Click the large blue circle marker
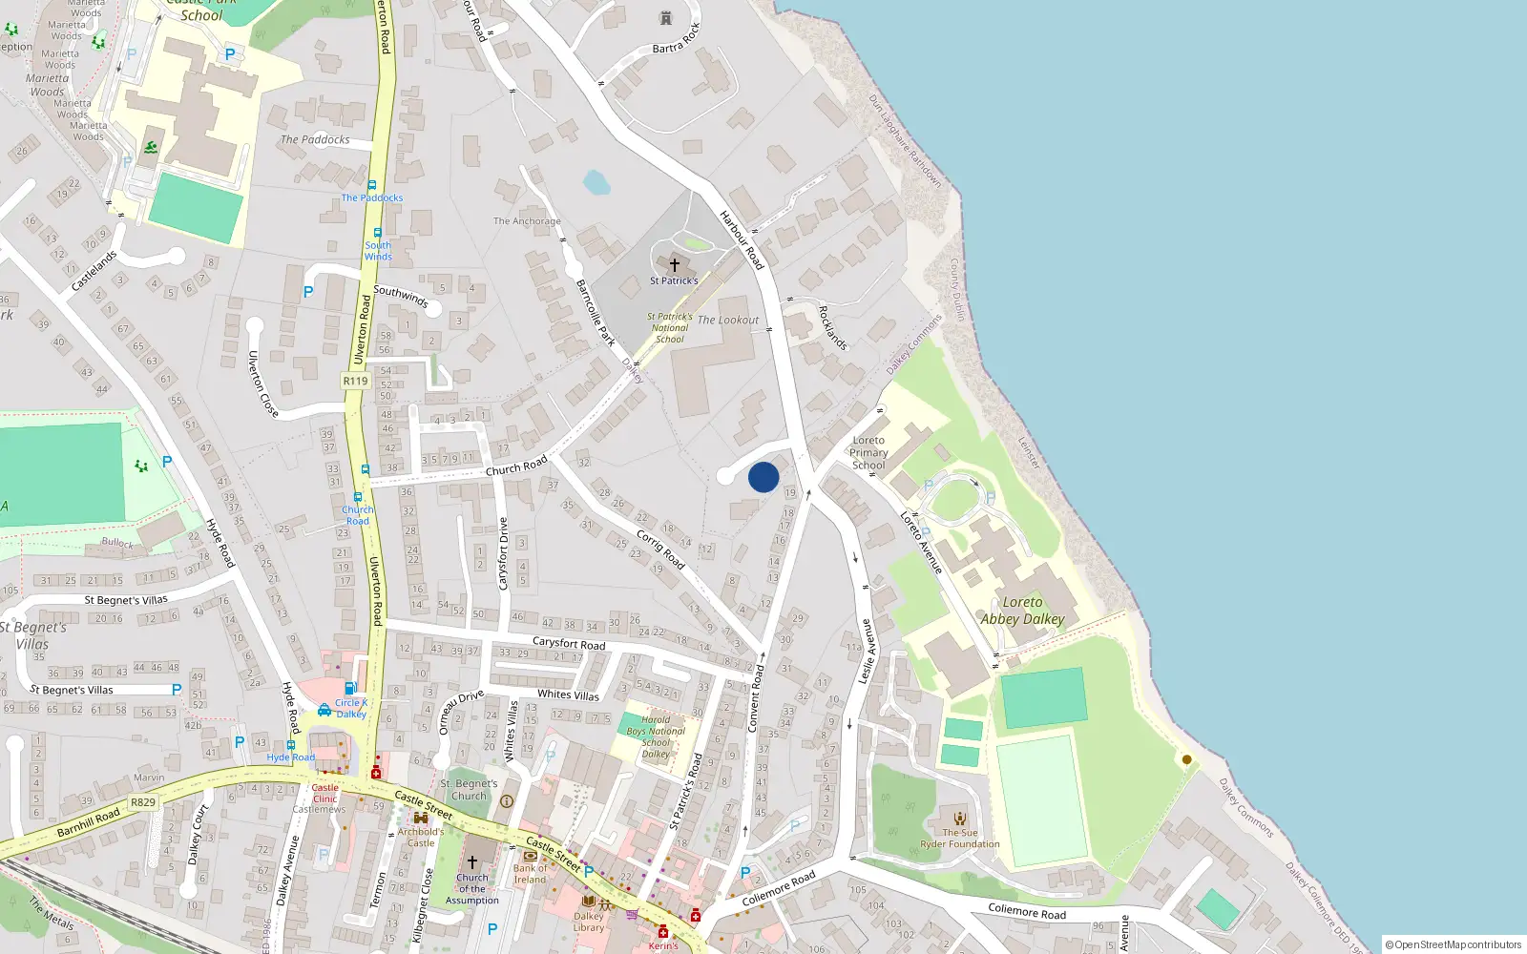(763, 477)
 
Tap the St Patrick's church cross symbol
(675, 265)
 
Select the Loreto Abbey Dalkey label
(1022, 611)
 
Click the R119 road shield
(355, 381)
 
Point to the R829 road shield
(143, 802)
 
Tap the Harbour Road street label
(742, 239)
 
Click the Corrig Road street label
(660, 550)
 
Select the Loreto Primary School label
(868, 453)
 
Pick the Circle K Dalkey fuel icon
(350, 689)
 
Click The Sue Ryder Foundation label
(960, 838)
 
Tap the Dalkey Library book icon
(588, 901)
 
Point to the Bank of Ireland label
(531, 873)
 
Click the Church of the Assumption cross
(471, 861)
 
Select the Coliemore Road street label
(779, 887)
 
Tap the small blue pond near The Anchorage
(596, 182)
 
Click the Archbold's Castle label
(421, 837)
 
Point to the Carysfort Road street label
(569, 644)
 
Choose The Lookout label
(728, 321)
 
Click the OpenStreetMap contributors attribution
(1454, 944)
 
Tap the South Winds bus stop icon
(377, 233)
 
